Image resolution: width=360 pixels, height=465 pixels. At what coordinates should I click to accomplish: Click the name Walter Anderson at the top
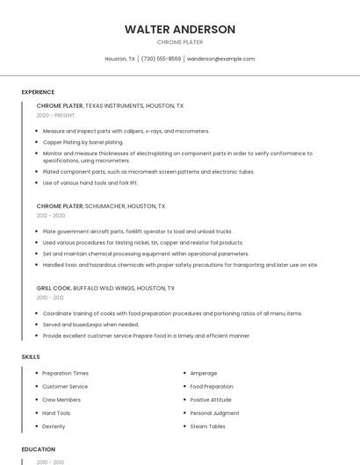[180, 29]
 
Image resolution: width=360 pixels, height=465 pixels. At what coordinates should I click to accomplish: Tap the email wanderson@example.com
[220, 59]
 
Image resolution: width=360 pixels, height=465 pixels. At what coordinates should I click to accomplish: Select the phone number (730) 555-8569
[161, 59]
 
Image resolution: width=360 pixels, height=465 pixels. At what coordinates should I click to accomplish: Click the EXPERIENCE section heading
[38, 92]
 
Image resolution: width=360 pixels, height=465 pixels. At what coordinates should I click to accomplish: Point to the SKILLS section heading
[31, 357]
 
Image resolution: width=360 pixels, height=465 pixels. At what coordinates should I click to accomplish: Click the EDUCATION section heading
[38, 449]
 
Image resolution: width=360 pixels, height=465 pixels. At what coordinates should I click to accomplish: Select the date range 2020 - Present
[55, 115]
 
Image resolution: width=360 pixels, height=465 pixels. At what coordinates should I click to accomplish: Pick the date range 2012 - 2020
[51, 215]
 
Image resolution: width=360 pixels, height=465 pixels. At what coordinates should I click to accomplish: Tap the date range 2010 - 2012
[50, 297]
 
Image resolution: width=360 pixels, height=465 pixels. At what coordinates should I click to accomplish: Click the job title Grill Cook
[54, 288]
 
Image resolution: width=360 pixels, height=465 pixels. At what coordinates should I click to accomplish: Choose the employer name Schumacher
[105, 206]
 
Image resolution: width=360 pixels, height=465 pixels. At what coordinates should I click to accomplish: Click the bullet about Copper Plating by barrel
[83, 141]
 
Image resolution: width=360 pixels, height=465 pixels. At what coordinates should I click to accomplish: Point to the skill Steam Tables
[207, 426]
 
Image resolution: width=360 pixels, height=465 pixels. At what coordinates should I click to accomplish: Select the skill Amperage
[203, 373]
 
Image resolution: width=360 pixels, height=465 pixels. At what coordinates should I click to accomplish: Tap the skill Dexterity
[54, 426]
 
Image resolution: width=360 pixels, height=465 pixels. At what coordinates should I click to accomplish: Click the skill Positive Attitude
[211, 399]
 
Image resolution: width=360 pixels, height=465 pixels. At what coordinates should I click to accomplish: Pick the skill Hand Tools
[56, 413]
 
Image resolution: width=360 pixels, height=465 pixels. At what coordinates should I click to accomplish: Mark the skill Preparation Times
[65, 373]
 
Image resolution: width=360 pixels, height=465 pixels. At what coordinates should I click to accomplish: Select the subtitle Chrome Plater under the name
[180, 42]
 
